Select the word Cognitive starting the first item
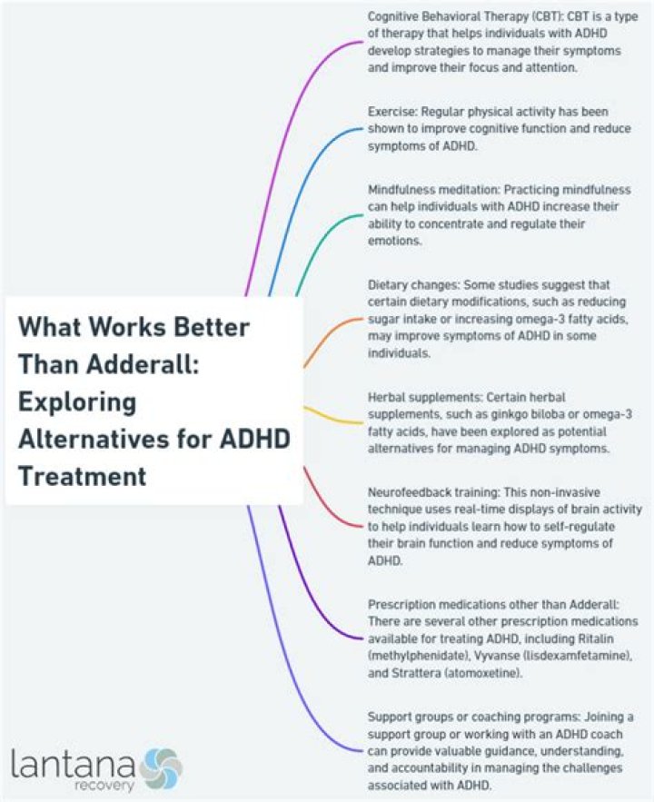pyautogui.click(x=397, y=16)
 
